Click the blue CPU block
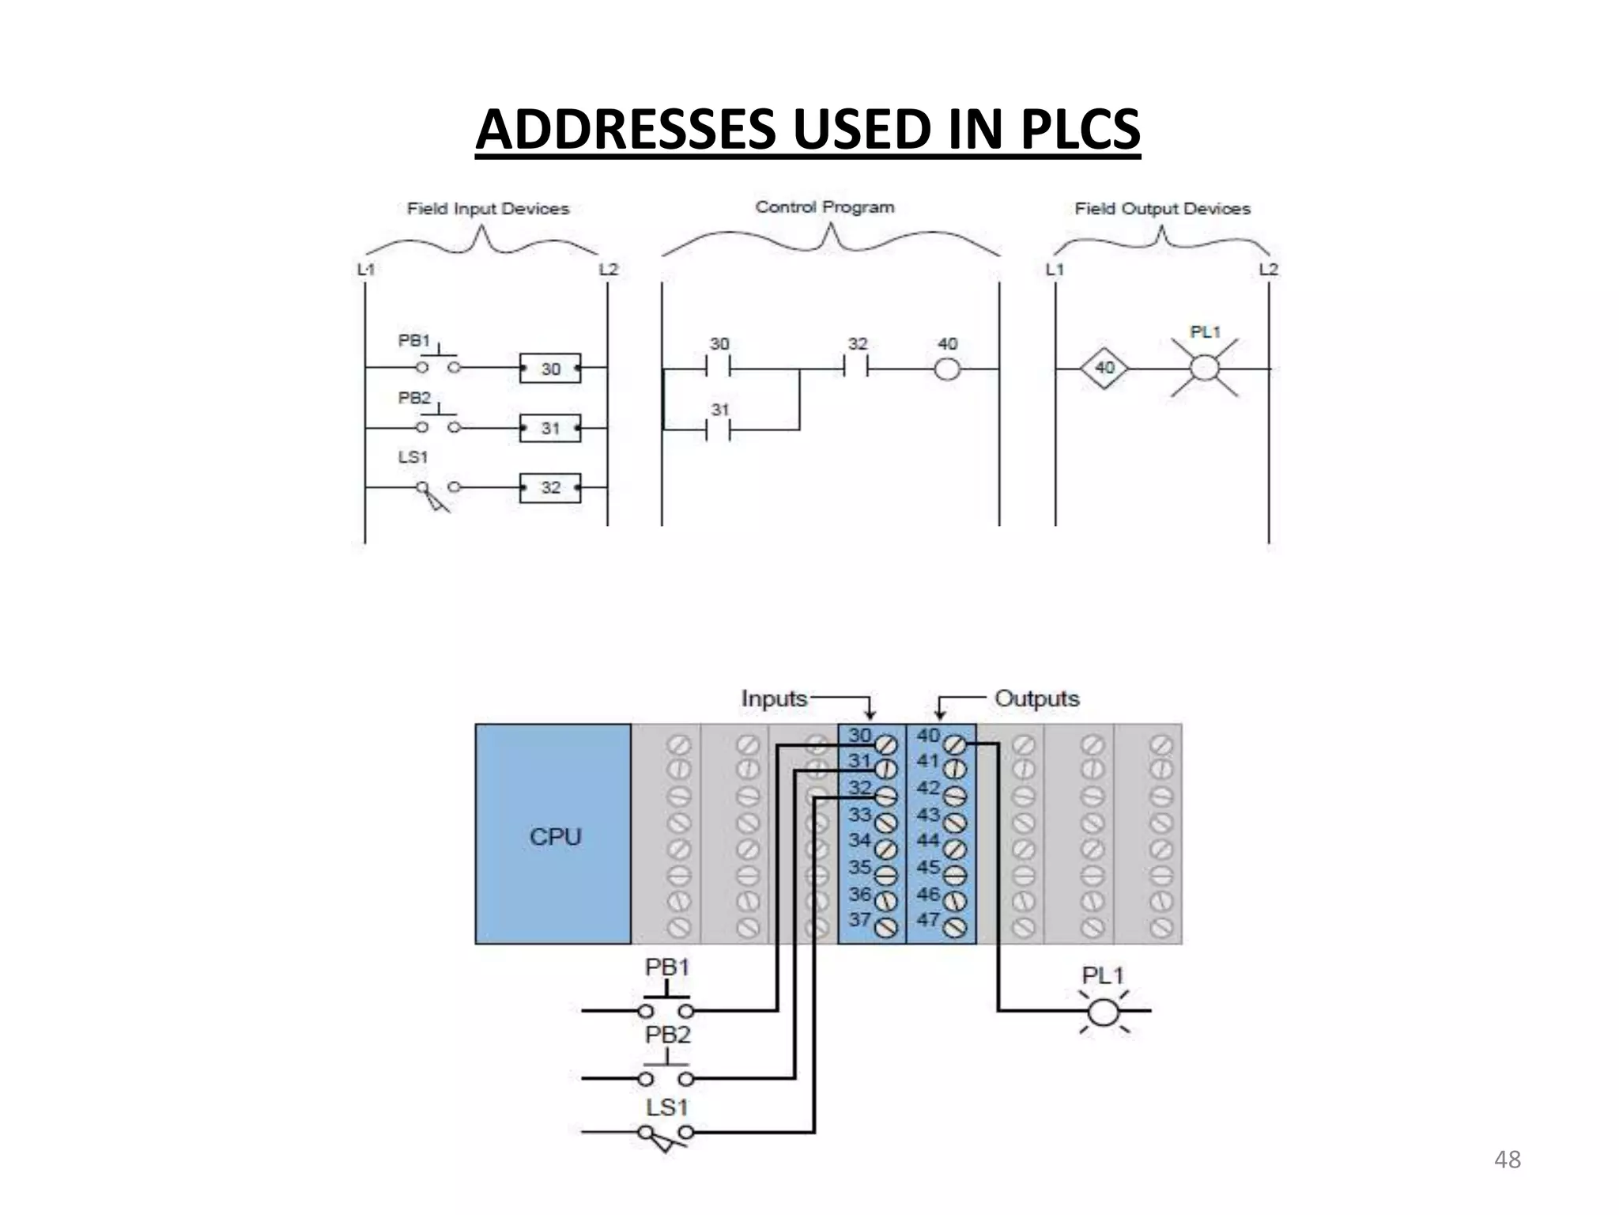coord(553,834)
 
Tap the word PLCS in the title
coord(1080,130)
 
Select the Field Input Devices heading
coord(488,209)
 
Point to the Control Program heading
coord(825,207)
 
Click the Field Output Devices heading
coord(1162,209)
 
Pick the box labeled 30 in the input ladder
coord(550,369)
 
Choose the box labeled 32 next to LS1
coord(550,488)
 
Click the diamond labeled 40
coord(1104,368)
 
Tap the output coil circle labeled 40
coord(947,369)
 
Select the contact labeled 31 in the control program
coord(719,430)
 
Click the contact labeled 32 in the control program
coord(857,369)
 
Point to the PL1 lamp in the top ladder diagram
coord(1204,368)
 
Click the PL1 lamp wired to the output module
coord(1104,1012)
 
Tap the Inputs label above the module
coord(774,698)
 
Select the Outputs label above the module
coord(1036,698)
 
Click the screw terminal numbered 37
coord(886,926)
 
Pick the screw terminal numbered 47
coord(955,926)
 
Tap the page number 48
coord(1507,1160)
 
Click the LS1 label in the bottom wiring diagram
coord(666,1107)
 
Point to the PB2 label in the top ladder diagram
coord(414,398)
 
